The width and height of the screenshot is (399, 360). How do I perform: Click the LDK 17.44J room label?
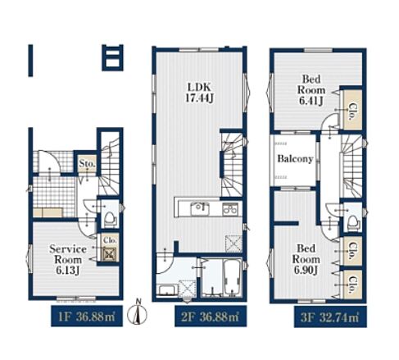[199, 93]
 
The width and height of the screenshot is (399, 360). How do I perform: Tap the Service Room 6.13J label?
[68, 259]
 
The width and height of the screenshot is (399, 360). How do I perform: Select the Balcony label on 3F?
[295, 158]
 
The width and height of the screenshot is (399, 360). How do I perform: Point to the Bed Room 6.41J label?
[311, 90]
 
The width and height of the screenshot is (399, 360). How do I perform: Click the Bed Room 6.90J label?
[306, 259]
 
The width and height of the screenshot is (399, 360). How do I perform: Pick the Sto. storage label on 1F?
[87, 163]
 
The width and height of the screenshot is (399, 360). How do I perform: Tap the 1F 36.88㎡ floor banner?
[87, 317]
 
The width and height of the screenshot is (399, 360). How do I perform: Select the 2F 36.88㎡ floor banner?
[211, 317]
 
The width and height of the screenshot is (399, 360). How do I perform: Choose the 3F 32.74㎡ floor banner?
[330, 317]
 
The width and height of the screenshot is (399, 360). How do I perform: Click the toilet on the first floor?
[111, 218]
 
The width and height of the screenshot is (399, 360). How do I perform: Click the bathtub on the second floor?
[233, 278]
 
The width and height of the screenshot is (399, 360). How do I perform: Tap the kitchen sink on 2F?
[200, 209]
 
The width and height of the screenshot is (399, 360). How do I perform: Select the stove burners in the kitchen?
[230, 209]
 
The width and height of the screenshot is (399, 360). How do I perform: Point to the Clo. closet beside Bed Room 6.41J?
[353, 110]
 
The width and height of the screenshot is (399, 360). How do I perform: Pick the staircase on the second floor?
[232, 165]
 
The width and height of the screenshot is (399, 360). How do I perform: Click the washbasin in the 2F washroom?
[167, 290]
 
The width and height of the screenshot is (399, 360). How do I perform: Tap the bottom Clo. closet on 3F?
[353, 285]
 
